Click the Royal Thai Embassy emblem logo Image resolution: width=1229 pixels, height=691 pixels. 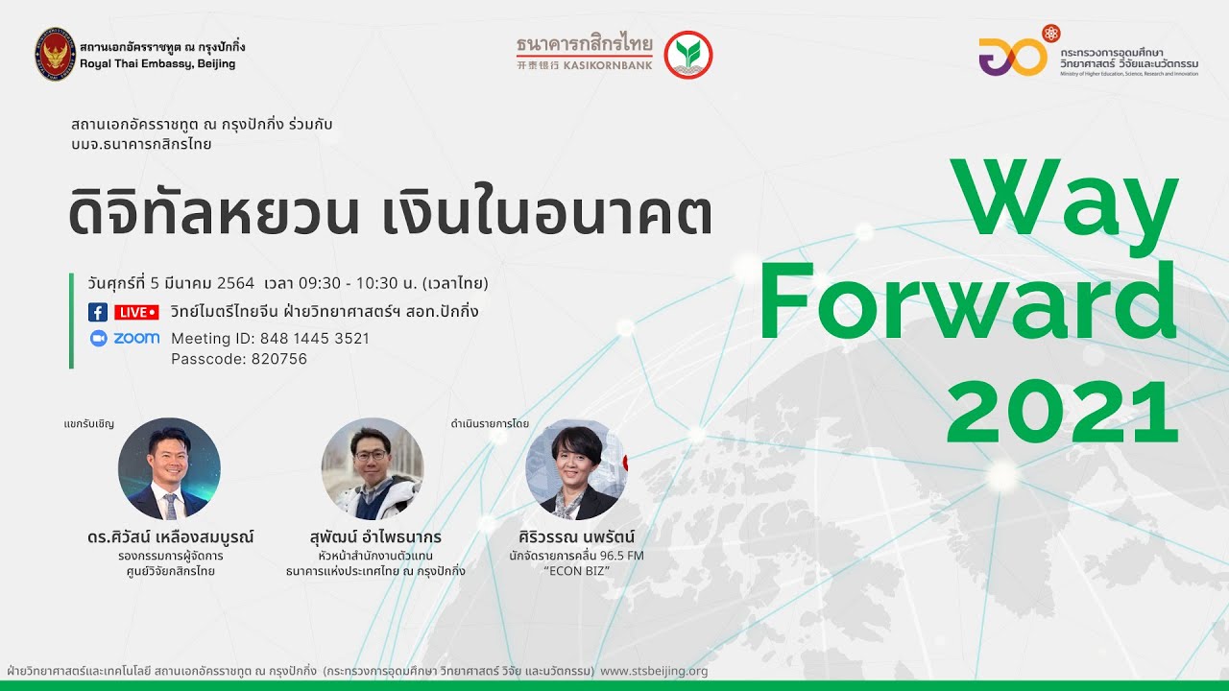tap(55, 54)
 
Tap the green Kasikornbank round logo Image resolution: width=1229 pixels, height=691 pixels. tap(688, 55)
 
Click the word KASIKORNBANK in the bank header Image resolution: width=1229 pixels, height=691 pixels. tap(614, 64)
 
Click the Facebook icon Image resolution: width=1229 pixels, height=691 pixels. tap(97, 312)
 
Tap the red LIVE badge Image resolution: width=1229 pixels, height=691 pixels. tap(136, 312)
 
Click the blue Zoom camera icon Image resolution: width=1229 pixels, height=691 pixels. tap(98, 338)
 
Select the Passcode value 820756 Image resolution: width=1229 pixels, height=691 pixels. tap(278, 359)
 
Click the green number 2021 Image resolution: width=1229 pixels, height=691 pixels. tap(1062, 410)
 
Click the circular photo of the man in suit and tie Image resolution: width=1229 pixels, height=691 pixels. tap(169, 468)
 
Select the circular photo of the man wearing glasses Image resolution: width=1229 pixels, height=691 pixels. tap(373, 468)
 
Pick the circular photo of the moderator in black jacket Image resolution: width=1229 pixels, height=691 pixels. tap(577, 469)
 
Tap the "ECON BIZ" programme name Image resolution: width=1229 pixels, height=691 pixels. tap(577, 570)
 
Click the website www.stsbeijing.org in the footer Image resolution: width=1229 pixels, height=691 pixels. tap(654, 671)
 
